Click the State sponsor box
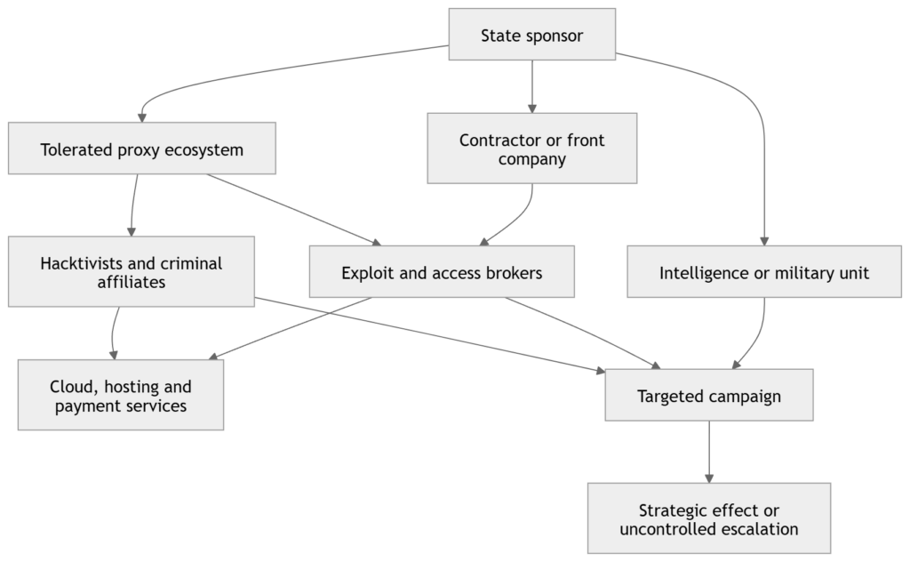tap(531, 35)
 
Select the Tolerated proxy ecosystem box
tap(141, 148)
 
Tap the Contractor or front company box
tap(531, 148)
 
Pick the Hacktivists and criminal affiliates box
tap(132, 271)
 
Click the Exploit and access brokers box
tap(442, 272)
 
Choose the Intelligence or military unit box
tap(764, 272)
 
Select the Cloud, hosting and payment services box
tap(121, 395)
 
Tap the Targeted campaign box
tap(708, 395)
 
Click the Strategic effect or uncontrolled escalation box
tap(708, 518)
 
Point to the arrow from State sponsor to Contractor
tap(531, 86)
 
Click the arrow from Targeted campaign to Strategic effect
tap(708, 452)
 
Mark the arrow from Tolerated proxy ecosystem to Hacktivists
tap(133, 205)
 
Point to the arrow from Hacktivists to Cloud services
tap(113, 333)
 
